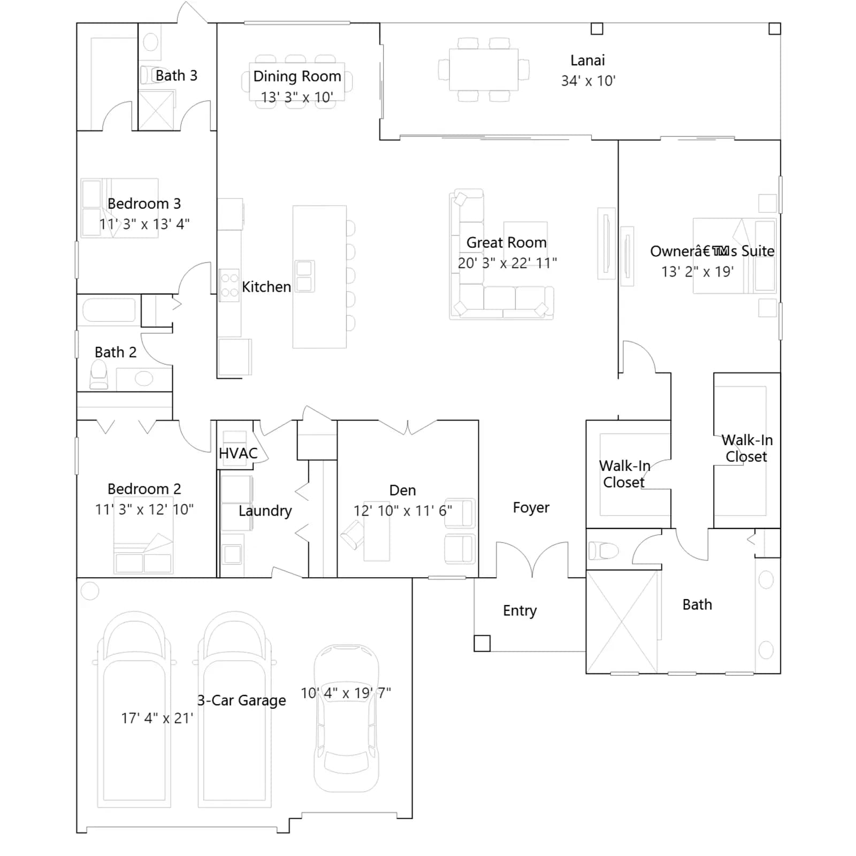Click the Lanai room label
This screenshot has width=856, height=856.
587,60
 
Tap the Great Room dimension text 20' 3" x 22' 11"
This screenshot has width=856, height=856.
507,263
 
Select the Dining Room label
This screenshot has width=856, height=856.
297,77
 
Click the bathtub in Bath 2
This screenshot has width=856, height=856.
109,310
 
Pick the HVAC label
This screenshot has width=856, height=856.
238,453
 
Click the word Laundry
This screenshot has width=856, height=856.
265,511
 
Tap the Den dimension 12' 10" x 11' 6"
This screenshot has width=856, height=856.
403,511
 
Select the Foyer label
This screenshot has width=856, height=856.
531,507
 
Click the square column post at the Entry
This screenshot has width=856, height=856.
482,643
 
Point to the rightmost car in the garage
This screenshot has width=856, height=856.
346,718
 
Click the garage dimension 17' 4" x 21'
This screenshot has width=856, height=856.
157,718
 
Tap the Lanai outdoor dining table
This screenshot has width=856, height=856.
484,70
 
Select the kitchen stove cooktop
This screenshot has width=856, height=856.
230,285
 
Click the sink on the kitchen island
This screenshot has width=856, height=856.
304,276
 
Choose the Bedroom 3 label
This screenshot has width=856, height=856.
144,204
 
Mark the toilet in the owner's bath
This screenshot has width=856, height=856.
603,550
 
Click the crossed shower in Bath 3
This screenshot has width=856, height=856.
157,110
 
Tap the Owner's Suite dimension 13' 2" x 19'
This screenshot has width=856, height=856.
698,272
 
